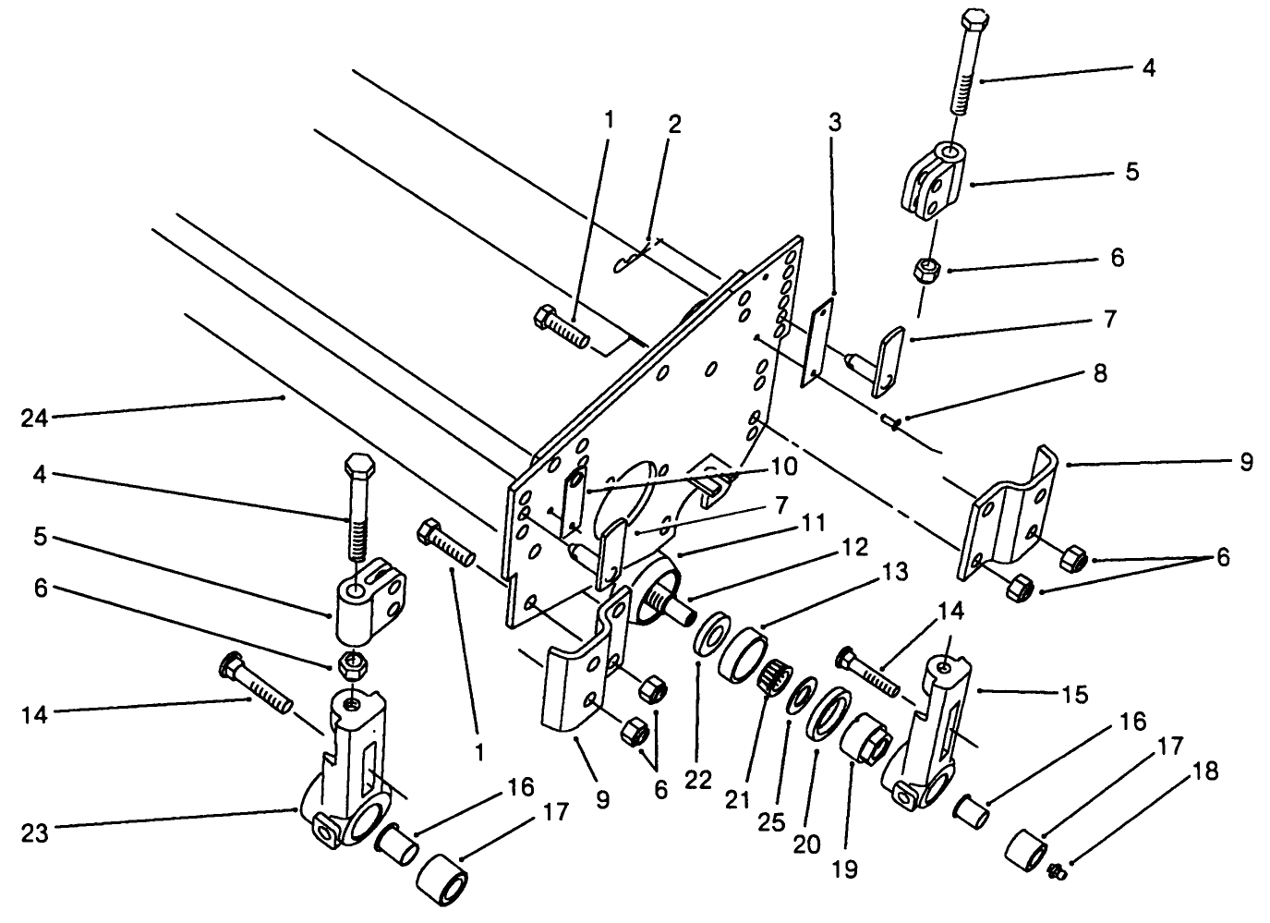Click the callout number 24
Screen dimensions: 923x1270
tap(35, 419)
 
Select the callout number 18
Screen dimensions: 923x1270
tap(1208, 771)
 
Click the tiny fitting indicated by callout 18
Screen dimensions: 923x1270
tap(1056, 868)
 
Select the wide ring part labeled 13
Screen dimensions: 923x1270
tap(742, 655)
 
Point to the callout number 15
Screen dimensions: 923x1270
tap(1075, 693)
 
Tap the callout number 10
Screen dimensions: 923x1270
tap(784, 467)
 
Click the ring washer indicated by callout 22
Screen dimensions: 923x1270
tap(709, 639)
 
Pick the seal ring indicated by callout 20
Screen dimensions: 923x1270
tap(831, 714)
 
